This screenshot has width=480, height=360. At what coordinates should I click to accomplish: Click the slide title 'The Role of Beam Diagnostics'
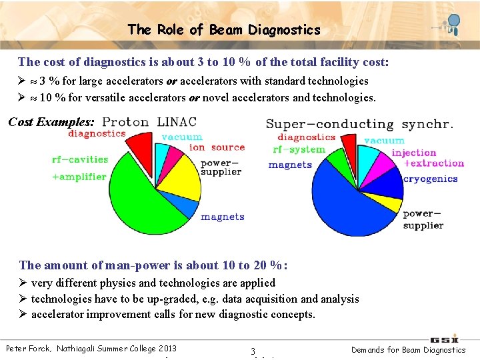(224, 30)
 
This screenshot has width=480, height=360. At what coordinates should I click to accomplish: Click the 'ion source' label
(217, 147)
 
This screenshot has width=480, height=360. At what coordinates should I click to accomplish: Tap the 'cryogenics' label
(431, 179)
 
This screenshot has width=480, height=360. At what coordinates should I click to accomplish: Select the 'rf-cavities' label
(79, 159)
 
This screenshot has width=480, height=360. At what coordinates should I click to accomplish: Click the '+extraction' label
(434, 163)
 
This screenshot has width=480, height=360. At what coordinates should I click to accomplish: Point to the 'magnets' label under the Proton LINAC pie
(223, 217)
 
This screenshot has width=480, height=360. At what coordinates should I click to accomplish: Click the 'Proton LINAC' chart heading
(149, 122)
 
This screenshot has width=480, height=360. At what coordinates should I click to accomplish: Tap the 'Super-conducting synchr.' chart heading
(359, 124)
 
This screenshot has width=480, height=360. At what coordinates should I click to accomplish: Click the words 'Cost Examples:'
(51, 123)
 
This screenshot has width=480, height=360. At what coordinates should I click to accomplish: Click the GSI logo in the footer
(444, 339)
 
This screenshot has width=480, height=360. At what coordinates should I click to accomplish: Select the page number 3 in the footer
(253, 351)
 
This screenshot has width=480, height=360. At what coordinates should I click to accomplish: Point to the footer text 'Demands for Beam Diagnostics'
(408, 349)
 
